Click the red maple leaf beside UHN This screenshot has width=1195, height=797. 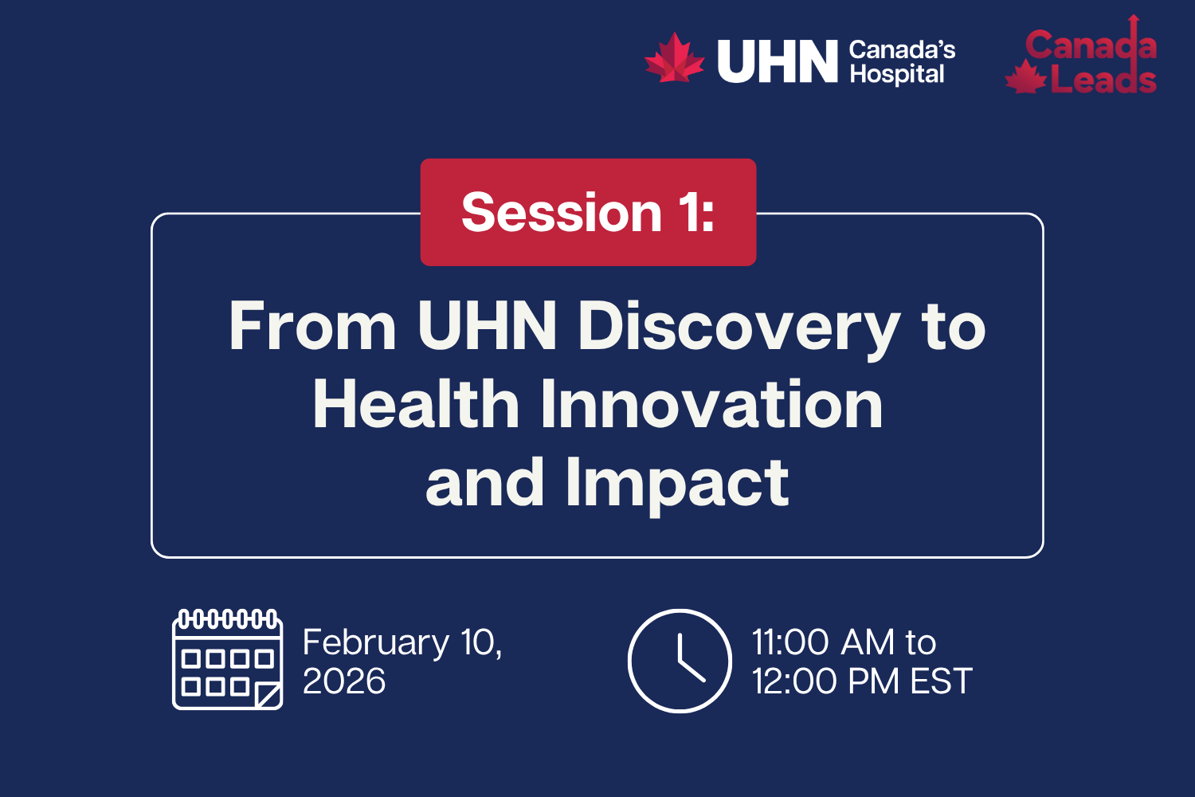click(674, 58)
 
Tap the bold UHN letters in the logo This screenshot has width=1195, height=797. click(777, 61)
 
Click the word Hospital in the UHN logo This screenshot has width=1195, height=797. click(896, 74)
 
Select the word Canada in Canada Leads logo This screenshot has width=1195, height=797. click(1090, 45)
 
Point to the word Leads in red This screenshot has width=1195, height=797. click(1103, 80)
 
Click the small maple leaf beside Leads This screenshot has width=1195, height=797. click(1025, 79)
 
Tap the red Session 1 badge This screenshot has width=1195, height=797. click(588, 212)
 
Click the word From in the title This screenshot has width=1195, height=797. click(312, 326)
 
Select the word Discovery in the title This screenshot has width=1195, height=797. click(739, 326)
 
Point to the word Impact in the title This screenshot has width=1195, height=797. click(677, 483)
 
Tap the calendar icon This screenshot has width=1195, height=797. click(228, 659)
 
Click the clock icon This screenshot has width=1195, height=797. click(680, 661)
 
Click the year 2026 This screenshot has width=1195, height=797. click(344, 681)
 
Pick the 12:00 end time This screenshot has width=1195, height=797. click(795, 681)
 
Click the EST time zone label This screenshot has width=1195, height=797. click(941, 681)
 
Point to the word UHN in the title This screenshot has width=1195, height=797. click(487, 326)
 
